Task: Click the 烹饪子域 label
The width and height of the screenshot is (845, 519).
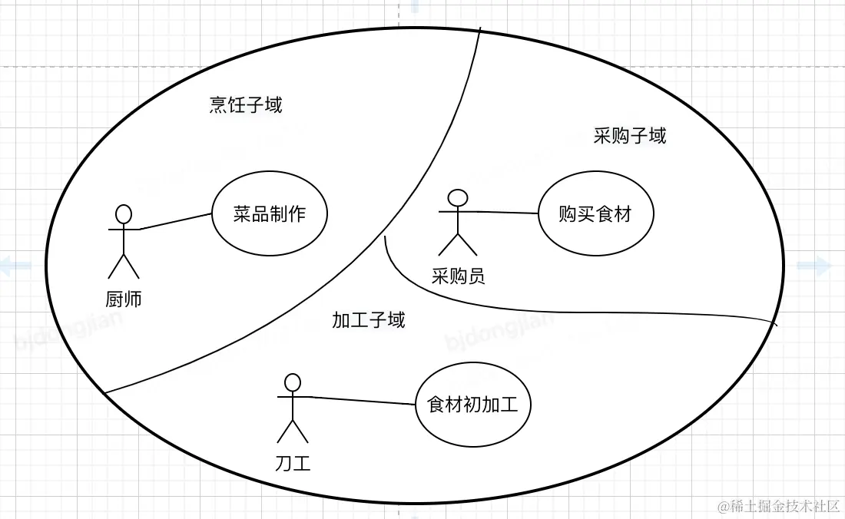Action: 246,104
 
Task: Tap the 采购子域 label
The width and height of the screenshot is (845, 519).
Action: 630,136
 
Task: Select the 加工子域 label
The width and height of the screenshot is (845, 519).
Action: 369,319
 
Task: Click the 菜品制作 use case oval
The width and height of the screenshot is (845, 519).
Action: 269,213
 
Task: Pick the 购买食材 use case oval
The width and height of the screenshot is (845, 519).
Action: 595,214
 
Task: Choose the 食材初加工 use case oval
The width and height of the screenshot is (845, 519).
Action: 472,404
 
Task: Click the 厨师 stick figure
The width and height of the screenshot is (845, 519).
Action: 124,242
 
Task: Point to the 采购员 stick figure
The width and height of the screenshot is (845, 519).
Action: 457,223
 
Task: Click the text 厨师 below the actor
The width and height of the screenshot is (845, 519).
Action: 124,299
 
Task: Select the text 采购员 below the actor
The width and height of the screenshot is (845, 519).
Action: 459,276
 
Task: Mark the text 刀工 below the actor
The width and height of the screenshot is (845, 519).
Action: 293,463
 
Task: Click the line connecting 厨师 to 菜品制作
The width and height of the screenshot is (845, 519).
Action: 175,221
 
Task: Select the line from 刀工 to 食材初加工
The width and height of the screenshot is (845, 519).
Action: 361,400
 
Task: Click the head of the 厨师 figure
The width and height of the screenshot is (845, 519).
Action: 124,213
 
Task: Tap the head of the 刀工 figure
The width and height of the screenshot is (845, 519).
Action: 292,382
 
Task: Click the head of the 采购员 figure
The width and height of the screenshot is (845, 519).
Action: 457,197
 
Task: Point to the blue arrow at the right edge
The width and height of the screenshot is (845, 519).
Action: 815,266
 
